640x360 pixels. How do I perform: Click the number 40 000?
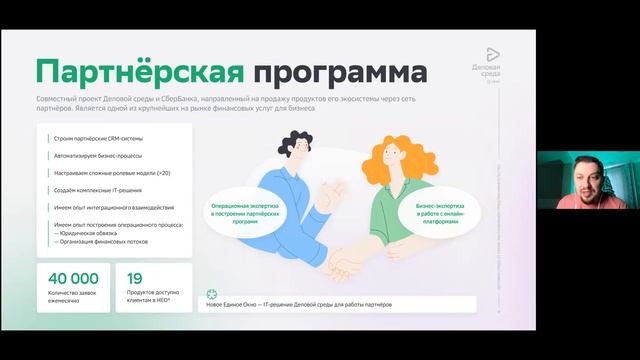coord(70,278)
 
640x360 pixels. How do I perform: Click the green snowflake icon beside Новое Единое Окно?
coord(211,295)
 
